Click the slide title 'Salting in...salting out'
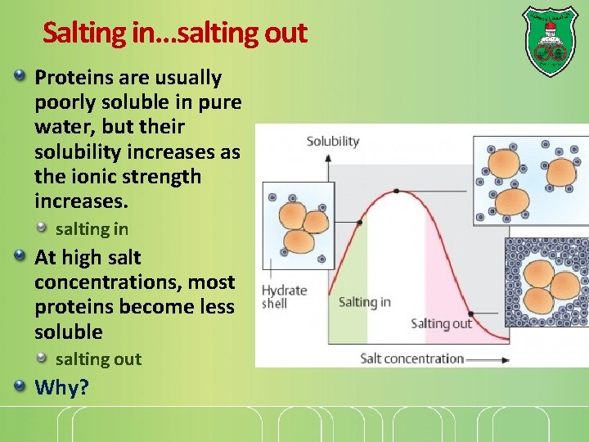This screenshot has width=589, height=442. pyautogui.click(x=174, y=34)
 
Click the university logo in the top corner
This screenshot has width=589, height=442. pyautogui.click(x=549, y=41)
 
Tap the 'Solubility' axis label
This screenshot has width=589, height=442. pyautogui.click(x=332, y=141)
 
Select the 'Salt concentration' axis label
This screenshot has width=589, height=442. pyautogui.click(x=412, y=359)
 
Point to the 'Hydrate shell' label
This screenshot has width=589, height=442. pyautogui.click(x=283, y=296)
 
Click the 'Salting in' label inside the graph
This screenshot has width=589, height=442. pyautogui.click(x=364, y=302)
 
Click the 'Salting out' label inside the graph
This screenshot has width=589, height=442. pyautogui.click(x=441, y=323)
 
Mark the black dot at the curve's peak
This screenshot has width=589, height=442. pyautogui.click(x=396, y=191)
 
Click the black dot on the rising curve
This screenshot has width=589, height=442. pyautogui.click(x=359, y=221)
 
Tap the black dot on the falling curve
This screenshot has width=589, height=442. pyautogui.click(x=470, y=313)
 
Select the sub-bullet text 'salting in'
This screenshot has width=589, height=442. pyautogui.click(x=92, y=230)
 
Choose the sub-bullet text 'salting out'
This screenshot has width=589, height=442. pyautogui.click(x=98, y=359)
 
